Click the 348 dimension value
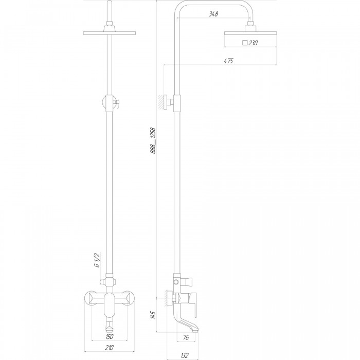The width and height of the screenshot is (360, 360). pos(213,14)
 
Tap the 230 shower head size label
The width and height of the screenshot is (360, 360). pos(253,43)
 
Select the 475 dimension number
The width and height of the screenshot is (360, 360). pos(228,61)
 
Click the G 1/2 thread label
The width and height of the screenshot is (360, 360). pos(97,260)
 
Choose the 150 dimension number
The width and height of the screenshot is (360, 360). pos(109,336)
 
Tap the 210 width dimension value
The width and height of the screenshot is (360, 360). pos(109,348)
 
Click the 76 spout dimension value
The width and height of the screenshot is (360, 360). pos(186,337)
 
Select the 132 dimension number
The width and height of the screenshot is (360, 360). pos(185,355)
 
